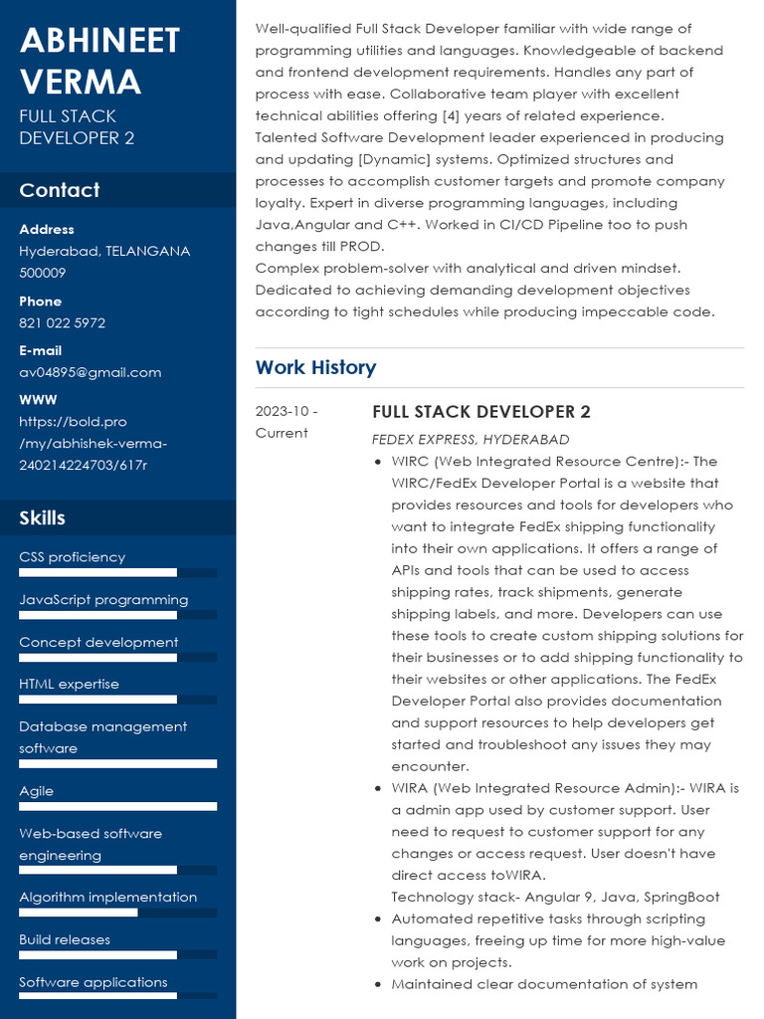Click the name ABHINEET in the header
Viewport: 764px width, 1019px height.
point(99,41)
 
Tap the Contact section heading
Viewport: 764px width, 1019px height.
point(60,190)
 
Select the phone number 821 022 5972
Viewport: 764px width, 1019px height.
point(62,323)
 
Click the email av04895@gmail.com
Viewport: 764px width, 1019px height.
point(90,372)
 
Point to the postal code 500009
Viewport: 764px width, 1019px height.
point(43,273)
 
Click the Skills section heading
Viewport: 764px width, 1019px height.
point(42,517)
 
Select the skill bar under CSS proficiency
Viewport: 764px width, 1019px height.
point(117,572)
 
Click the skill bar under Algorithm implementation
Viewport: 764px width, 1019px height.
point(117,913)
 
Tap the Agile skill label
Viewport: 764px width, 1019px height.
point(37,791)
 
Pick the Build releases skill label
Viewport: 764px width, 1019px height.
point(65,939)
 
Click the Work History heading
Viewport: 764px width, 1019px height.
point(315,367)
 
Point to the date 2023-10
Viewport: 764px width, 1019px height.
point(286,411)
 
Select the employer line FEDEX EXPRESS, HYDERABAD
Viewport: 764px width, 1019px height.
point(471,439)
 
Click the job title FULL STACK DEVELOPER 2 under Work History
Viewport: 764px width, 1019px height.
point(481,412)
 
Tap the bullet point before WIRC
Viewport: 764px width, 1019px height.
point(378,462)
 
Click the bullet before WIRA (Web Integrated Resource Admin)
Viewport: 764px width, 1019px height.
point(378,789)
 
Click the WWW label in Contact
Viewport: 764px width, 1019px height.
point(31,400)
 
